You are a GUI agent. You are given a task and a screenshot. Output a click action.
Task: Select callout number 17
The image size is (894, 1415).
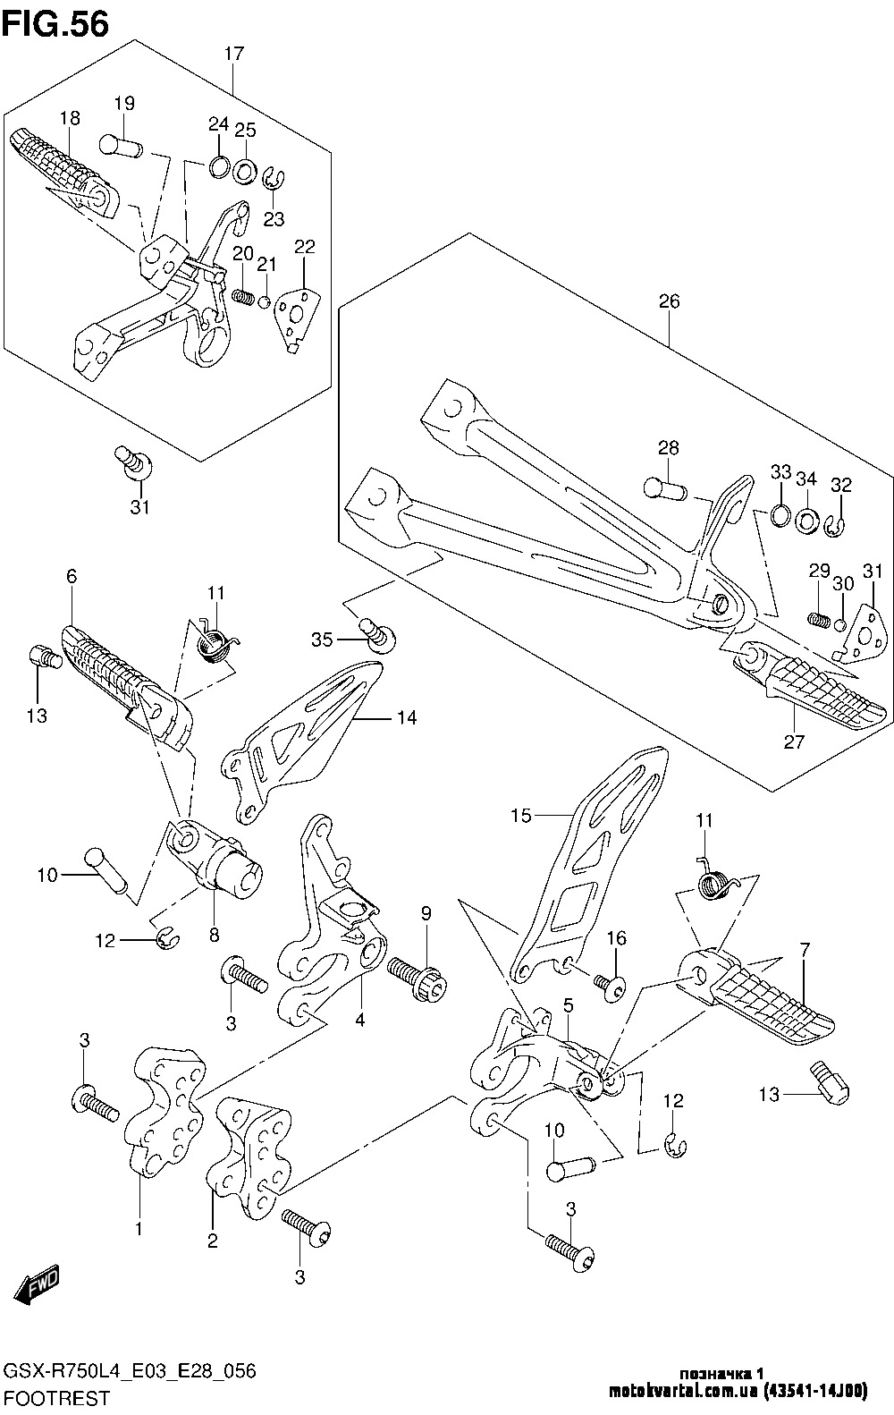coord(233,54)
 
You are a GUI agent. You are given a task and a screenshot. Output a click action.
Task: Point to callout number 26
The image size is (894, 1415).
coord(670,301)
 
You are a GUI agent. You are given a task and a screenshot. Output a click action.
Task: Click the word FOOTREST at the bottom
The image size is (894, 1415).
coord(57,1397)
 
